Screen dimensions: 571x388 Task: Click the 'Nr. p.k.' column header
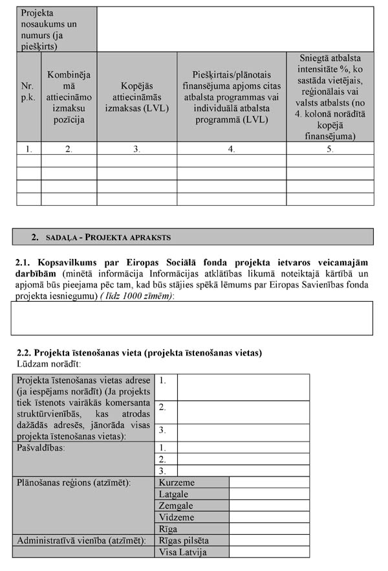(x=28, y=97)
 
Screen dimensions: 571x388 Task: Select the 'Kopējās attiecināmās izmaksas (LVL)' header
(x=136, y=97)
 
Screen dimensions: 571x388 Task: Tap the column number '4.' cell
(x=232, y=148)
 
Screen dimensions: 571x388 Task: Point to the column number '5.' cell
(x=330, y=148)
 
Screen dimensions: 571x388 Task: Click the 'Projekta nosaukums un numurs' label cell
(x=56, y=29)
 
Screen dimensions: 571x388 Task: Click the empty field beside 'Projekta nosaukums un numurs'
(x=235, y=29)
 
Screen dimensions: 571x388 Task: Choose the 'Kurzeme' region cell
(x=193, y=482)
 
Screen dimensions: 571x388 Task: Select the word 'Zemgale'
(x=176, y=506)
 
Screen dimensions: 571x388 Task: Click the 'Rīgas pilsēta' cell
(x=193, y=540)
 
